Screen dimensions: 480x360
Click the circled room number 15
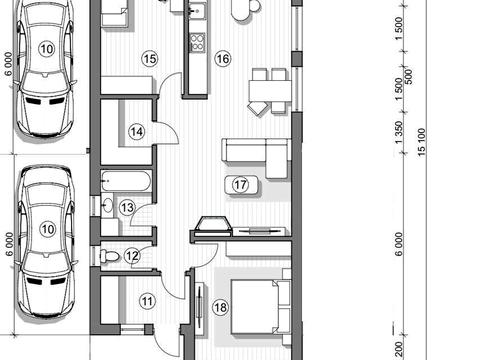pyautogui.click(x=150, y=59)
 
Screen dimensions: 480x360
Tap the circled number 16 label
pyautogui.click(x=223, y=59)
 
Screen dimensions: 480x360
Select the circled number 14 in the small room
pyautogui.click(x=137, y=132)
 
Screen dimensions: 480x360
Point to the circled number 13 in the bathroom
pyautogui.click(x=127, y=208)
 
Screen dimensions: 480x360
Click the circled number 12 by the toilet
pyautogui.click(x=132, y=256)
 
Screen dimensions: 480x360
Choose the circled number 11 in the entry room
pyautogui.click(x=147, y=301)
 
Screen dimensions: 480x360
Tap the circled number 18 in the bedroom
pyautogui.click(x=220, y=307)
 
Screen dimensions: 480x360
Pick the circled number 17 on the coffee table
pyautogui.click(x=241, y=185)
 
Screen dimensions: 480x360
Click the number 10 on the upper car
pyautogui.click(x=46, y=49)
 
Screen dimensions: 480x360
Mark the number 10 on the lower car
pyautogui.click(x=47, y=229)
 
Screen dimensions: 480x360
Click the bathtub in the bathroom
pyautogui.click(x=126, y=181)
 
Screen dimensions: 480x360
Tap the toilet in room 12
pyautogui.click(x=109, y=256)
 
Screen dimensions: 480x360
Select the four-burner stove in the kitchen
pyautogui.click(x=197, y=42)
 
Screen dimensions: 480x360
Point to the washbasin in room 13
pyautogui.click(x=107, y=205)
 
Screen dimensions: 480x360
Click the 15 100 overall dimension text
pyautogui.click(x=422, y=142)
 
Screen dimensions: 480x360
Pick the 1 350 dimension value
pyautogui.click(x=399, y=133)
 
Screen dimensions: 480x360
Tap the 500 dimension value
pyautogui.click(x=409, y=76)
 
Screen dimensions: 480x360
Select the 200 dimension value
pyautogui.click(x=399, y=349)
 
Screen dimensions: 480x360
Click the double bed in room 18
pyautogui.click(x=261, y=307)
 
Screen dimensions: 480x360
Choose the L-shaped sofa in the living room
pyautogui.click(x=256, y=158)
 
